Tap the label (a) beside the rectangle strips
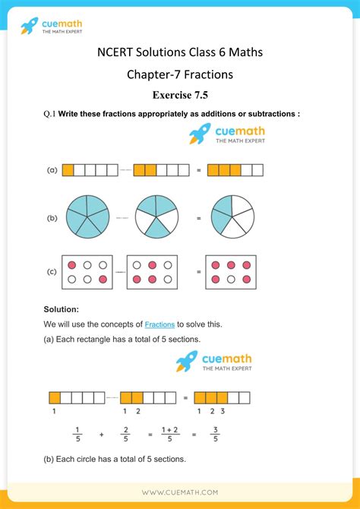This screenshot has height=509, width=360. pos(52,170)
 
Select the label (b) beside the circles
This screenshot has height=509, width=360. pos(52,218)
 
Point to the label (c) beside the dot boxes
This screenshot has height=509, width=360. pos(52,271)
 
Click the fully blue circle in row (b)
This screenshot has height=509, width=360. pos(88,217)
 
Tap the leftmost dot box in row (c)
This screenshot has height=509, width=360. pos(87,272)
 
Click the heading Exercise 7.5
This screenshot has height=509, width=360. pos(179,95)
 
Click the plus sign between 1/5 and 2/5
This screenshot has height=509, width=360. pos(101,435)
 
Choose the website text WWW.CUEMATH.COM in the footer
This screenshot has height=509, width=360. pos(179,492)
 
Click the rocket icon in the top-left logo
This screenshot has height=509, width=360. pos(29,27)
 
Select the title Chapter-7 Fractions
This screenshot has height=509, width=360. pos(179,74)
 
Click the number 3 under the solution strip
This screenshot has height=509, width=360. pos(223,411)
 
